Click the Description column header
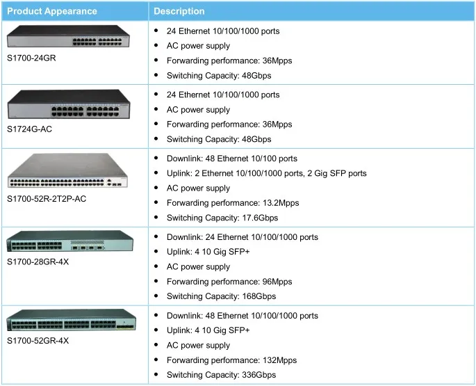179,11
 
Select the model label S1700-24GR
31,58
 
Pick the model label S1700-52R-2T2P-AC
47,198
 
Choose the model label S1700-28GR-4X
38,262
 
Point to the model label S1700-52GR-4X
38,341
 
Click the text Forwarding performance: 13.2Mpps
233,203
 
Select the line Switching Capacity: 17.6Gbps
227,218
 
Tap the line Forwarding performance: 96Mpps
229,282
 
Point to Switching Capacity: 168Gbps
224,296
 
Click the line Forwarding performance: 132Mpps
231,360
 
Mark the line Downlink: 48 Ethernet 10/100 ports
232,159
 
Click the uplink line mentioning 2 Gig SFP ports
267,173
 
